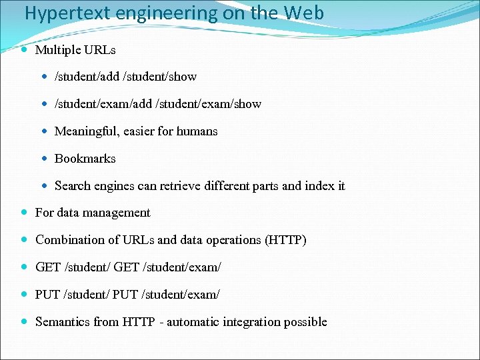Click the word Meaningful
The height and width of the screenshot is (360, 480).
85,131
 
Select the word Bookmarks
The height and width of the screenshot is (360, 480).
85,159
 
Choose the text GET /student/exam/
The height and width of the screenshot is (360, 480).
167,267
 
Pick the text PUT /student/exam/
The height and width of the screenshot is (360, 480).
166,295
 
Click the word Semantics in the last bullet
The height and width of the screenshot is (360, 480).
62,322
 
